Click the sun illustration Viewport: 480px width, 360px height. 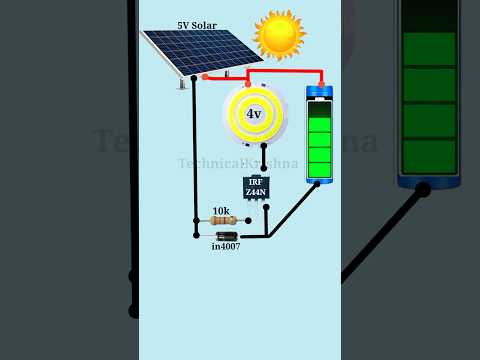click(x=279, y=34)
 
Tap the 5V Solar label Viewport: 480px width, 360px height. click(x=196, y=25)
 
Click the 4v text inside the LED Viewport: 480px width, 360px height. click(x=254, y=114)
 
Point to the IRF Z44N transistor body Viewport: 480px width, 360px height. click(x=256, y=187)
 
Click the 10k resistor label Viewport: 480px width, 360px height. click(x=221, y=211)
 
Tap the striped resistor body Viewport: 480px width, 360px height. click(x=224, y=221)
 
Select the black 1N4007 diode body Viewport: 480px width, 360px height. click(x=227, y=236)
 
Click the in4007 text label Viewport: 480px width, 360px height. click(x=226, y=246)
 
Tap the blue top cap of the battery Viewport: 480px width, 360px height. click(x=319, y=93)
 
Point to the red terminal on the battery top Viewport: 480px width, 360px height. click(x=320, y=85)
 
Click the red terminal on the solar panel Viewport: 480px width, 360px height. click(x=205, y=76)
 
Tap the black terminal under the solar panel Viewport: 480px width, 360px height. click(x=193, y=78)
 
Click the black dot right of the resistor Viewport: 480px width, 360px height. click(x=248, y=221)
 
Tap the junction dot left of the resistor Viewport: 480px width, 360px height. click(x=197, y=221)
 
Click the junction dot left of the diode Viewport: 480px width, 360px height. click(x=197, y=236)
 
